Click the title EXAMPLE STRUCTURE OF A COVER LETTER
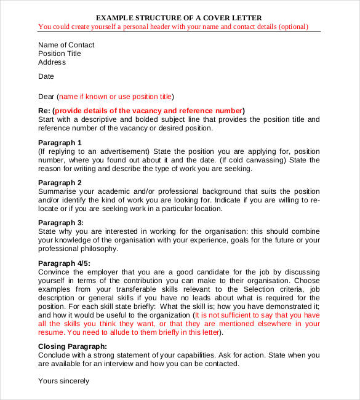(x=179, y=17)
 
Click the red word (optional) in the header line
(x=293, y=27)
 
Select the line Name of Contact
(x=66, y=45)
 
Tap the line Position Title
(x=60, y=54)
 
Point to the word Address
(x=52, y=62)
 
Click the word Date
(x=46, y=77)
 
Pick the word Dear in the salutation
(x=47, y=97)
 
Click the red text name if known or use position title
(x=115, y=97)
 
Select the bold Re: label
(x=44, y=110)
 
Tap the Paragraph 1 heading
(x=60, y=143)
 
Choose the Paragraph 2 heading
(x=60, y=183)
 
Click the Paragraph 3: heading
(x=61, y=223)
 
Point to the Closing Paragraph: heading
(x=73, y=346)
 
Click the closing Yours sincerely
(x=64, y=381)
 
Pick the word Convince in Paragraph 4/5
(x=55, y=271)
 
